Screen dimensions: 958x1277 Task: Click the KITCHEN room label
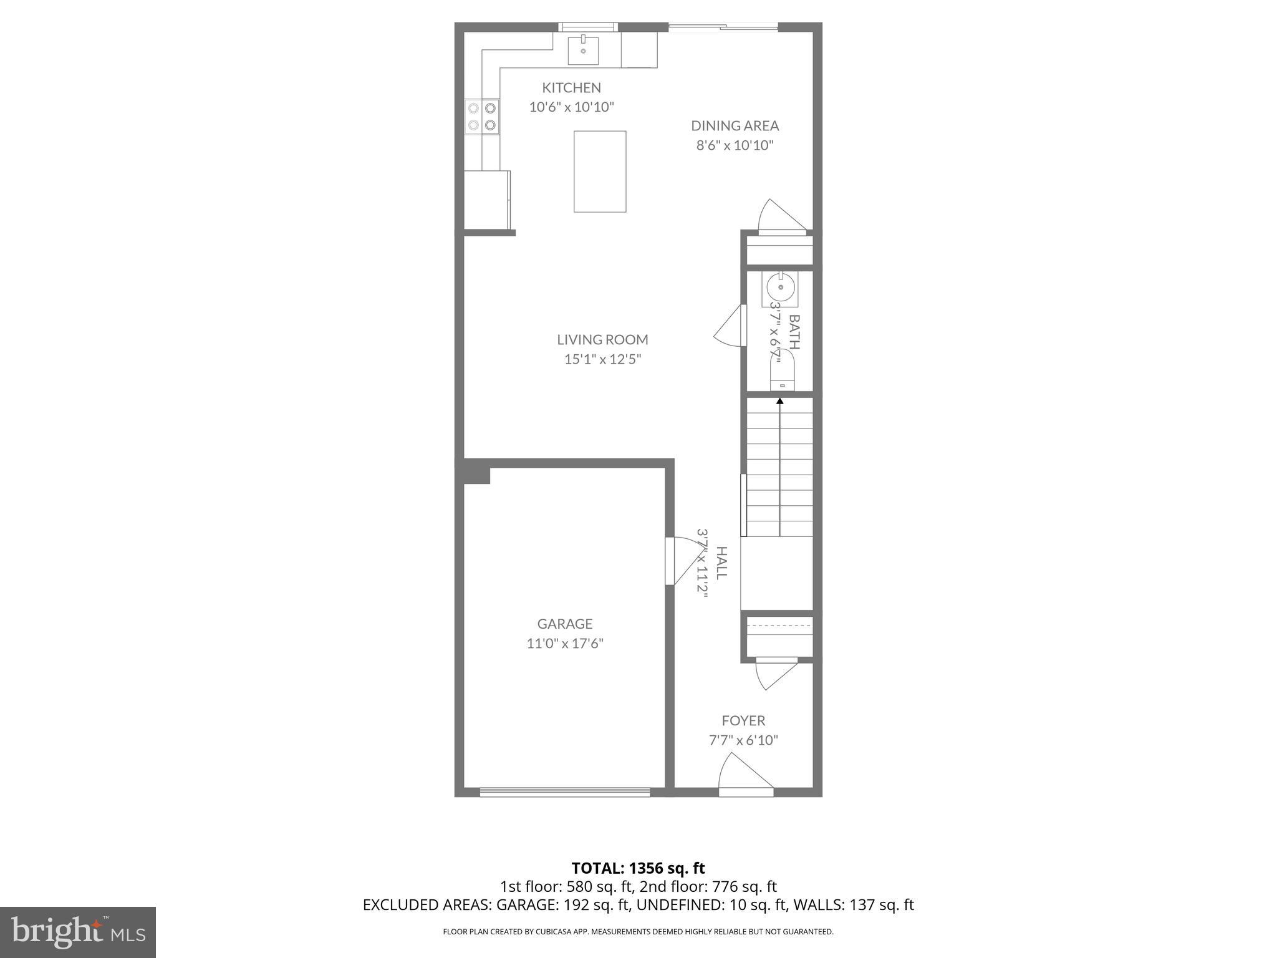point(571,88)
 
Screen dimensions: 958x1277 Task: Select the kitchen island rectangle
point(600,172)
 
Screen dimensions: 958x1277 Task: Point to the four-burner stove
point(482,117)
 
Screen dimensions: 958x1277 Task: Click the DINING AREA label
point(735,126)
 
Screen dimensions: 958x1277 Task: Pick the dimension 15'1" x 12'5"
point(602,359)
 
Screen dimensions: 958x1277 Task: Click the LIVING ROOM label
point(602,340)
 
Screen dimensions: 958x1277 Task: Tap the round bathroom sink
point(779,289)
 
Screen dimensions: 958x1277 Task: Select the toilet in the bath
point(783,371)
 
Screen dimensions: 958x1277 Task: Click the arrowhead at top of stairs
point(779,401)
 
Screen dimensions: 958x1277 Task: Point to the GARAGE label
point(565,624)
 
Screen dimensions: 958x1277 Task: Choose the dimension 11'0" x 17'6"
point(565,643)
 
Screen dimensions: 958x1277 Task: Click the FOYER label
point(743,721)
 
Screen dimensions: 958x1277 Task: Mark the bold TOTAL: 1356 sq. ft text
point(638,868)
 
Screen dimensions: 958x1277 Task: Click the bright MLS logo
point(78,932)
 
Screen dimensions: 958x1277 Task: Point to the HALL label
point(721,563)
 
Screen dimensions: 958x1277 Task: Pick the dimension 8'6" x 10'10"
point(735,145)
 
